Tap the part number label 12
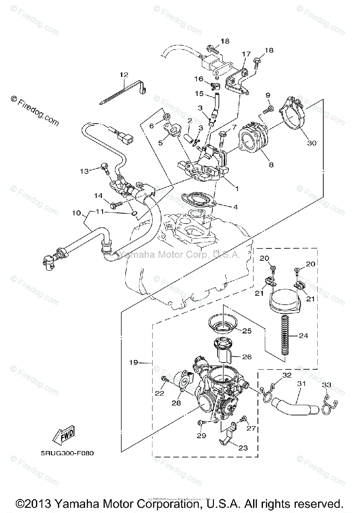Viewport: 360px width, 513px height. pyautogui.click(x=124, y=75)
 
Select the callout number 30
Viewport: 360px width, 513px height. pyautogui.click(x=312, y=143)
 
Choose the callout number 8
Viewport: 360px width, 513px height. pyautogui.click(x=271, y=164)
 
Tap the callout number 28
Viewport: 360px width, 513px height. pyautogui.click(x=176, y=403)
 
